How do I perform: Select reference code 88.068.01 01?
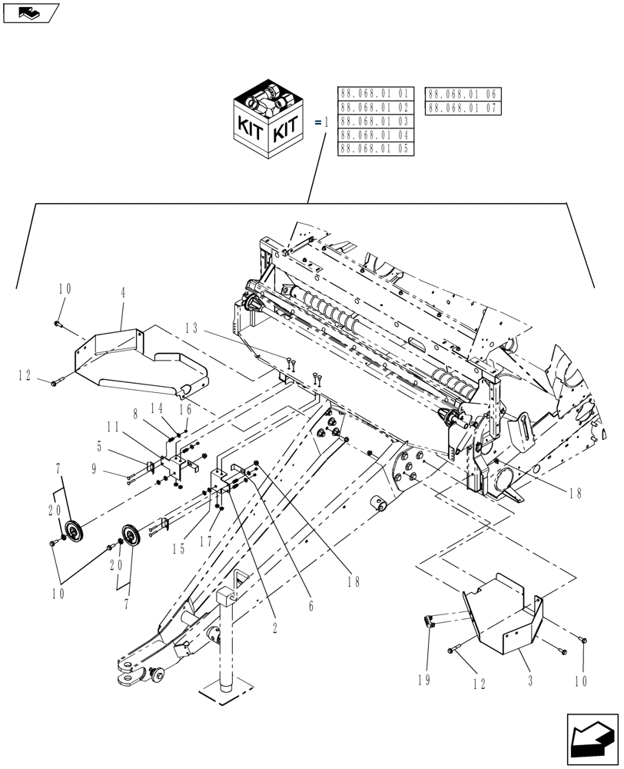(x=376, y=94)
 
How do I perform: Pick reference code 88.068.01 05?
(x=376, y=149)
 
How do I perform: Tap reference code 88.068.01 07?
(x=463, y=108)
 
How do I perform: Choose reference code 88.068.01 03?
(x=376, y=122)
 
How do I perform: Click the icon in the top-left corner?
(x=31, y=12)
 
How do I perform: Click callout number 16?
(x=185, y=411)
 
